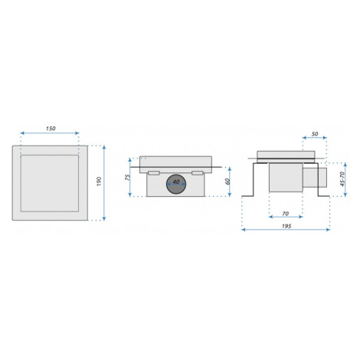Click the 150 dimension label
51,129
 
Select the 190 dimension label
100,182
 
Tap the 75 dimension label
127,178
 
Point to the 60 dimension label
227,182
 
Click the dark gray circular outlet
176,184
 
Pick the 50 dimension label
315,134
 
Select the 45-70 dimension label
342,179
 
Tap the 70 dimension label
286,214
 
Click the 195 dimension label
286,226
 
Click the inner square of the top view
50,183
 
